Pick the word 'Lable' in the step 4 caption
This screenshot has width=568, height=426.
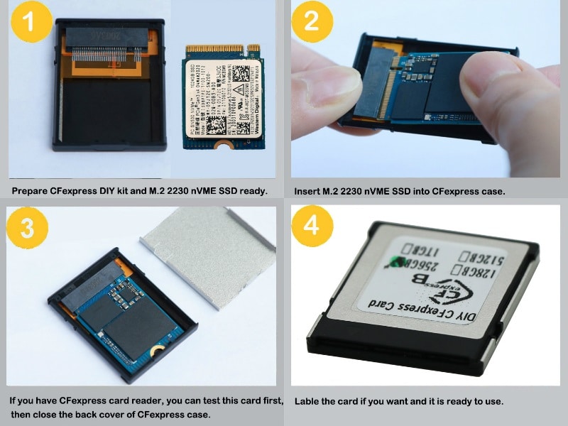point(307,401)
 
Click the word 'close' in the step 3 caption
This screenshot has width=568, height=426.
point(43,414)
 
